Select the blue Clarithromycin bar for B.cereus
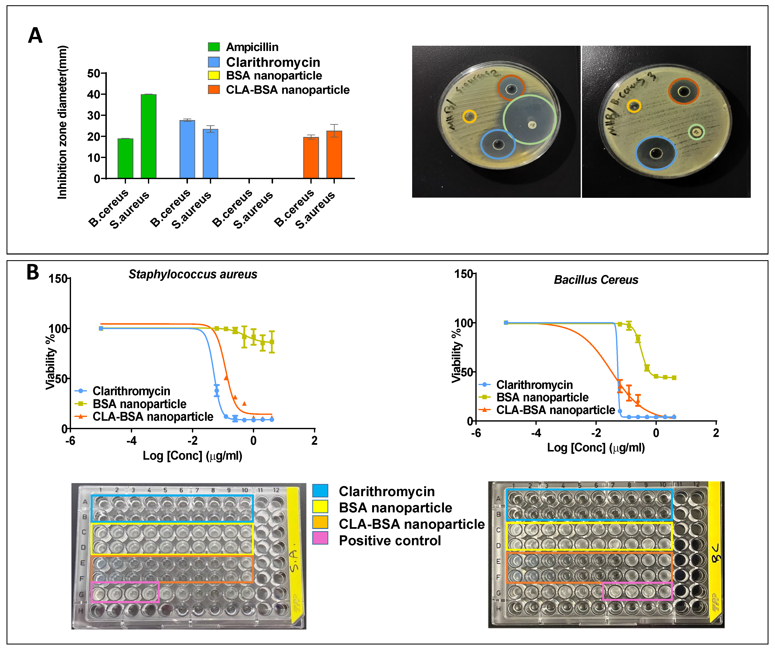pos(187,149)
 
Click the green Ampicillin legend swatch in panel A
pos(214,47)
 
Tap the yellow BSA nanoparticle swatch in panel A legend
pos(214,76)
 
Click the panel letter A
pos(35,36)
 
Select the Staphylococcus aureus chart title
pos(193,274)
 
